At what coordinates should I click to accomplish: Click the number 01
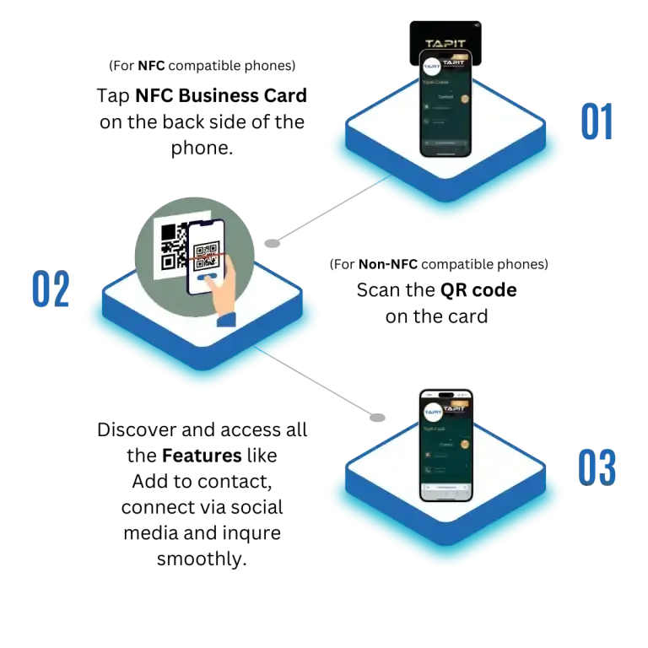pos(597,123)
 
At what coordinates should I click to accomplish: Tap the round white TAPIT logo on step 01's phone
pos(432,66)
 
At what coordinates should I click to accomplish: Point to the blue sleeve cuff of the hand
pos(227,320)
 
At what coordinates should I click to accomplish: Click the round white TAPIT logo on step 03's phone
pos(433,412)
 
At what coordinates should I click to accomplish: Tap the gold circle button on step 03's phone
pos(464,444)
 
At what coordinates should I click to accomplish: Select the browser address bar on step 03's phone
pos(446,488)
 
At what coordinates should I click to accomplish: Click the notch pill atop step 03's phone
pos(446,394)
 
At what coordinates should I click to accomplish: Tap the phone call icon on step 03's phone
pos(428,470)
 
